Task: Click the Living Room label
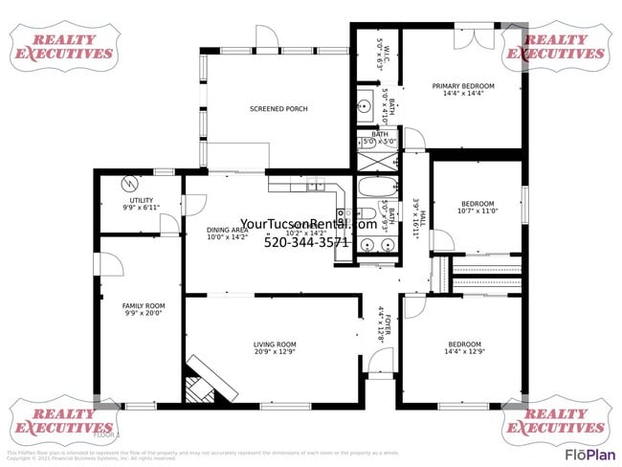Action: (x=275, y=347)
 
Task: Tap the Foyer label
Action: (x=383, y=325)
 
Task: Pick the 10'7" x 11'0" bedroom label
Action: (x=478, y=207)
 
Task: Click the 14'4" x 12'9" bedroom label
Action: (x=465, y=347)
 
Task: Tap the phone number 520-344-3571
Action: (x=306, y=242)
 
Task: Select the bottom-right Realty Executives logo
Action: (x=556, y=422)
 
